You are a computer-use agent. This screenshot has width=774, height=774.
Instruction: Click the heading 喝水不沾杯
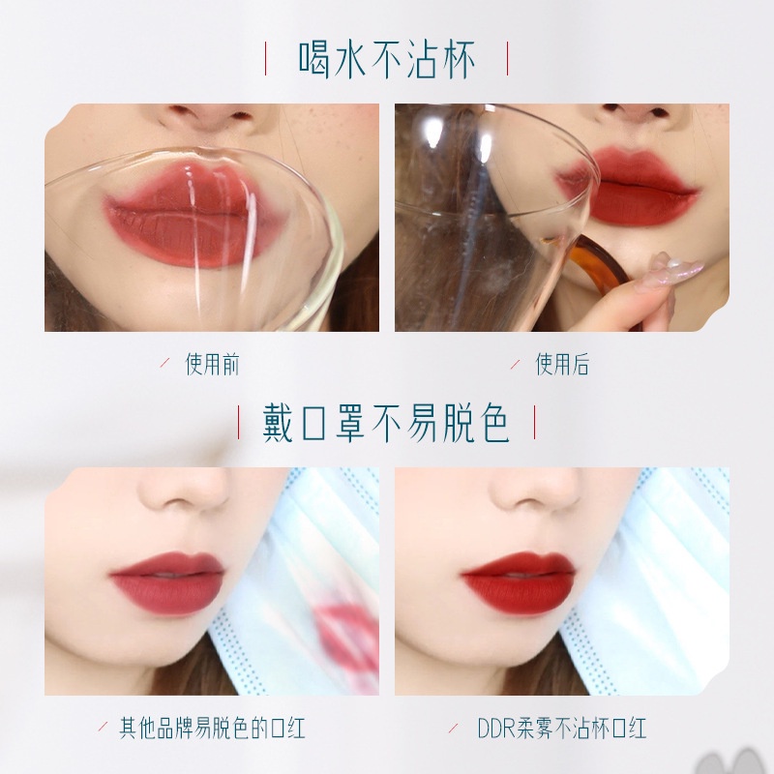pos(386,60)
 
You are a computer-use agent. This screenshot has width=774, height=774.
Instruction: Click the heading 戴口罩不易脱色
pos(386,423)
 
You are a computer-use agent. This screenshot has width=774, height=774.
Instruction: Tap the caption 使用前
pos(212,365)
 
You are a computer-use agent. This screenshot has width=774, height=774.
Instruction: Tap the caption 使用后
pos(562,365)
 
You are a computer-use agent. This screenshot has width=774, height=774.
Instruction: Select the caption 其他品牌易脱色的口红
pos(212,729)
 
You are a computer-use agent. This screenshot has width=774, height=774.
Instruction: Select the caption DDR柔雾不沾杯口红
pos(562,729)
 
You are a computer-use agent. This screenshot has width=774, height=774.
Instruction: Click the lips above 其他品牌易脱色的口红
pos(167,582)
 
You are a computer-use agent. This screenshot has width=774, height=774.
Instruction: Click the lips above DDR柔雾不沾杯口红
pos(519,582)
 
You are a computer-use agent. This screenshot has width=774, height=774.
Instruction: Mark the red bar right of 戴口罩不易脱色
pos(535,423)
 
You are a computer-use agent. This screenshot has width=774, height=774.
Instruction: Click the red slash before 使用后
pos(516,365)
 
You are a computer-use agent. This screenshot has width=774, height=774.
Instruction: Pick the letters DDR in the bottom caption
pos(496,729)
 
